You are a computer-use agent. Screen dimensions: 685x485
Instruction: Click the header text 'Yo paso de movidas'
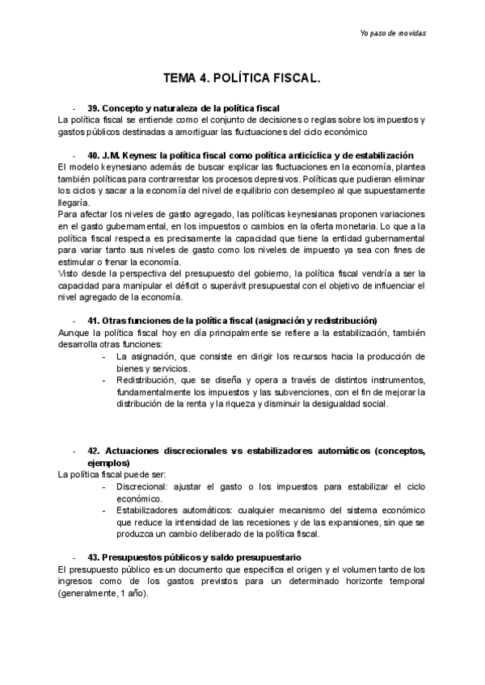click(x=393, y=33)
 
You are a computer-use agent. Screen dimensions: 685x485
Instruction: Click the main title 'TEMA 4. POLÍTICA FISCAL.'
click(x=242, y=79)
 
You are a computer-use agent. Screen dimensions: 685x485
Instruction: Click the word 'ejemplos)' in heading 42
click(x=108, y=464)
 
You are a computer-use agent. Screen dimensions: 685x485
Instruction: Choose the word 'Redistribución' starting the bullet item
click(x=145, y=380)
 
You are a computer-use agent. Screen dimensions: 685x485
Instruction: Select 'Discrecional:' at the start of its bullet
click(x=142, y=487)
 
